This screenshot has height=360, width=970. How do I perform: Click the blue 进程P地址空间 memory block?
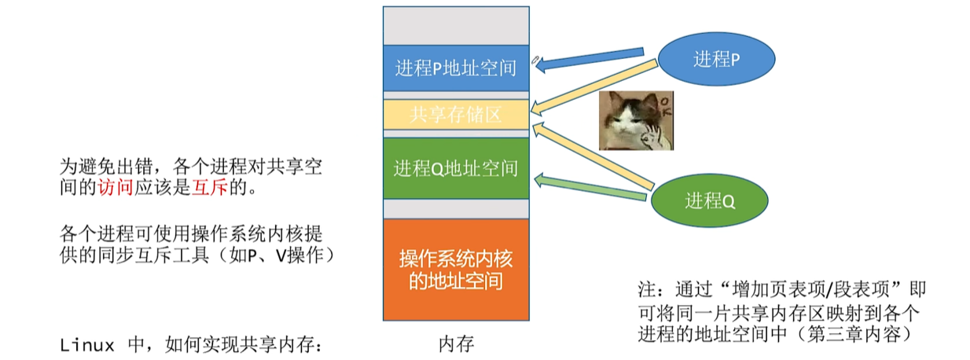click(x=456, y=69)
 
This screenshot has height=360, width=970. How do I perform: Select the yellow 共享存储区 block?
click(x=456, y=115)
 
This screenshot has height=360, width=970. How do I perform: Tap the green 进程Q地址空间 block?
click(x=456, y=168)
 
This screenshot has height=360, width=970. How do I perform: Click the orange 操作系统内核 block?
click(x=456, y=270)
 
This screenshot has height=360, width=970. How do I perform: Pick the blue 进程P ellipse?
click(x=716, y=60)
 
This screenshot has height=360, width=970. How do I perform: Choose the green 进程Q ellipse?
click(x=710, y=200)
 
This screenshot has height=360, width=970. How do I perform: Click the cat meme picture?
click(x=636, y=120)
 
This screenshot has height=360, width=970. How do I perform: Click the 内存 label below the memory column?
click(x=456, y=344)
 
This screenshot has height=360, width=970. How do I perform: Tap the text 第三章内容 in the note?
click(x=865, y=334)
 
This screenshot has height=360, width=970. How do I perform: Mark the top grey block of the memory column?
click(x=456, y=25)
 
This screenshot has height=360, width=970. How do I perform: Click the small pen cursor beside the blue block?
click(x=535, y=59)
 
